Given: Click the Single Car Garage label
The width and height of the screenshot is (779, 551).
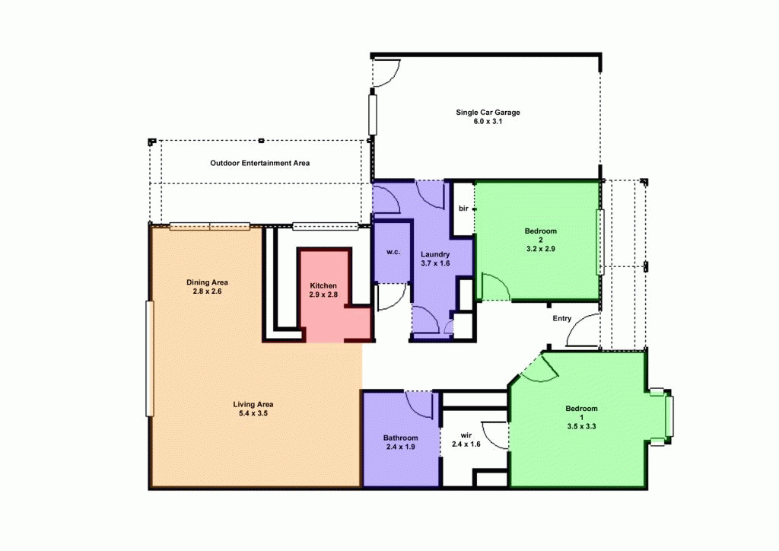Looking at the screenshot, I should click(488, 112).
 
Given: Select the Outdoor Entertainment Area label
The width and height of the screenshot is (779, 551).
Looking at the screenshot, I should click(259, 163).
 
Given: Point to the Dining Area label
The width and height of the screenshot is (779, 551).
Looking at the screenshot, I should click(207, 282).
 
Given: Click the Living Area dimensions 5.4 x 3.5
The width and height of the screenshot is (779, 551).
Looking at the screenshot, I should click(253, 413).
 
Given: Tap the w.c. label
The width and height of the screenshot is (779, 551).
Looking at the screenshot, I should click(393, 252).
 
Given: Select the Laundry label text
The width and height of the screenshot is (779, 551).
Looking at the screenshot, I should click(435, 254).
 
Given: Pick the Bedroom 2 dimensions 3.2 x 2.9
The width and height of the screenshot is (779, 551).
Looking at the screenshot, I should click(541, 248).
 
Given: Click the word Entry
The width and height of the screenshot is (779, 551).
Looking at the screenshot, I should click(561, 319).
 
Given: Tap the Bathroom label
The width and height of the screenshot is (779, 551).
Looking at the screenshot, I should click(400, 438).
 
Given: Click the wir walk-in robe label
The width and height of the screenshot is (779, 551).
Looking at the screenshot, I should click(466, 435).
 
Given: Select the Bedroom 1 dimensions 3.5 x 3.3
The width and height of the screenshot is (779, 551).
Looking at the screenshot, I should click(581, 427).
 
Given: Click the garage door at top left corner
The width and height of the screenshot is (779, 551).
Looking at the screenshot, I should click(386, 70).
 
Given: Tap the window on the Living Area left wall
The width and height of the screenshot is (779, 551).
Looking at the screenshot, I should click(150, 358).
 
